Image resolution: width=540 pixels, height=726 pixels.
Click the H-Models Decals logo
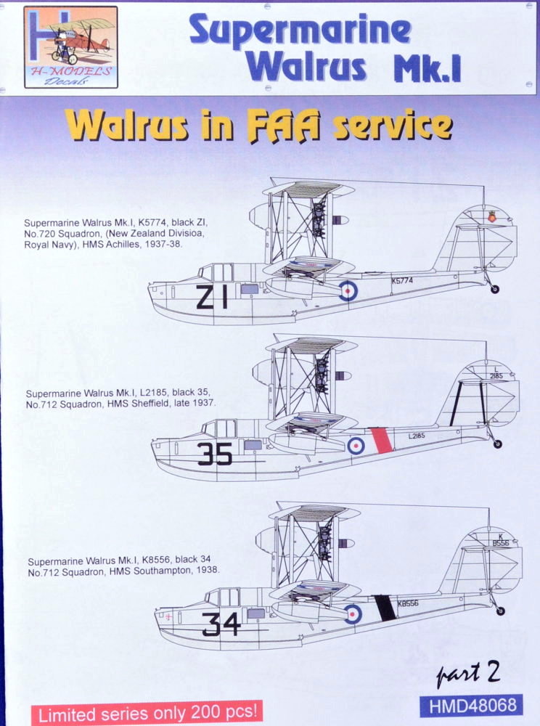[71, 46]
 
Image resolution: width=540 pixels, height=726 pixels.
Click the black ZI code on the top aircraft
[212, 297]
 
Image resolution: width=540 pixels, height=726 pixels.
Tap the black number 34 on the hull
[221, 624]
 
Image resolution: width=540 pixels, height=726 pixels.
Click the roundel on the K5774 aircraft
[348, 291]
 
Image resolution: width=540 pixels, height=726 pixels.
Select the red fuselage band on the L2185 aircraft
[382, 441]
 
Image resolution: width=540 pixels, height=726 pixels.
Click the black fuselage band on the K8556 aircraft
[385, 608]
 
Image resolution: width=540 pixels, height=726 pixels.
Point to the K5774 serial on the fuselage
[401, 280]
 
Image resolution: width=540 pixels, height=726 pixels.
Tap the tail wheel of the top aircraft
[495, 290]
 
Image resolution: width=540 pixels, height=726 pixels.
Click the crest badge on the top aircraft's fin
[491, 216]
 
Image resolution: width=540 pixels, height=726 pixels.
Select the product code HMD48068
[472, 706]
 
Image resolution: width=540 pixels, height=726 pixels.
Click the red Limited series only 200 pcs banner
[147, 713]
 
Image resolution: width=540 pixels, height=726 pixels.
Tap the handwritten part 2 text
[468, 673]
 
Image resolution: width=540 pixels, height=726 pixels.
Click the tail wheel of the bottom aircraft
[500, 611]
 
